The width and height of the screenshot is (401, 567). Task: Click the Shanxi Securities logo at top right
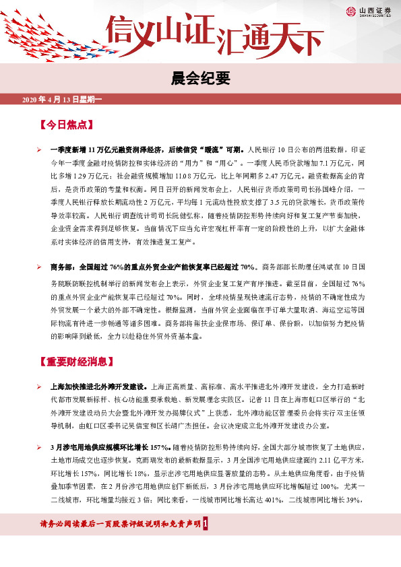[370, 11]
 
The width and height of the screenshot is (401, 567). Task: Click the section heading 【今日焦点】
[65, 125]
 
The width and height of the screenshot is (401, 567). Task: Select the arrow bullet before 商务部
[40, 267]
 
